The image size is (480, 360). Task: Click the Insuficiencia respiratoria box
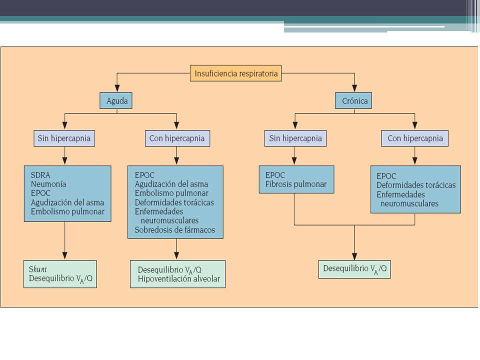point(235,73)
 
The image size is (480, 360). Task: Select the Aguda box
point(116,100)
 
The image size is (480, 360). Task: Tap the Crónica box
point(353,100)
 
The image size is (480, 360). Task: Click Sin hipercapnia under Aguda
point(64,138)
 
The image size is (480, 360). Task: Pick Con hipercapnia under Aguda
point(177,138)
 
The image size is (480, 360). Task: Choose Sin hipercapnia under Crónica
point(295,138)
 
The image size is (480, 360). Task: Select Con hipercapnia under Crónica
point(415,138)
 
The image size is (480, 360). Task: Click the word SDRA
point(40,175)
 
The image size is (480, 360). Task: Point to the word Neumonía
point(48,184)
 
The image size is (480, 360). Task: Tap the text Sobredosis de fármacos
point(175,230)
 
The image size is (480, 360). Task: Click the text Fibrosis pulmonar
point(295,184)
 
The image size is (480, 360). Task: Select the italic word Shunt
point(37,269)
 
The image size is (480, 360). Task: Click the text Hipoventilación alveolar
point(179,279)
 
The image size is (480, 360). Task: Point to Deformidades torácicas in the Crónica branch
point(416,185)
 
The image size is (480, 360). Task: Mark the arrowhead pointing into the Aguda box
point(117,88)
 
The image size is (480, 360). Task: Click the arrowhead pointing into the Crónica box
point(354,88)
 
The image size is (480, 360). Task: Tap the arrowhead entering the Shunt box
point(64,256)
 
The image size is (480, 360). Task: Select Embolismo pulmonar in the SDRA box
point(67,211)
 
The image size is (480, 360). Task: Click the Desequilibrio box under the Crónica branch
point(354,269)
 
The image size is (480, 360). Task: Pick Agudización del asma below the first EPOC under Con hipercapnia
point(171,184)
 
